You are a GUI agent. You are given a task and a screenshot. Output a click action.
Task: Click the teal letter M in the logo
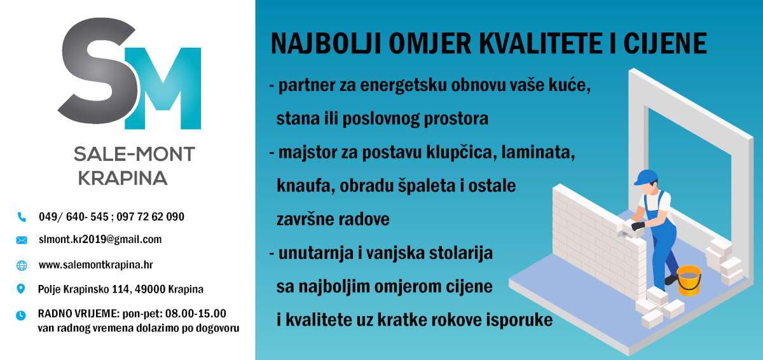coord(163,88)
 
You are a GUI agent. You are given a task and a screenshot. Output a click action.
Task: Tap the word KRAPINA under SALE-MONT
coord(123,178)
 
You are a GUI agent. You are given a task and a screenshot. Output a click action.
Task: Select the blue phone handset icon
coord(22,217)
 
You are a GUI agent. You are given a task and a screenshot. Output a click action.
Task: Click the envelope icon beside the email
coord(22,240)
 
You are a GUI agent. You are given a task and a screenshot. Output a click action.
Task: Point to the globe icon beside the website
coord(22,265)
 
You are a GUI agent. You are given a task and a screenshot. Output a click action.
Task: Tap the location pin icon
coord(21,289)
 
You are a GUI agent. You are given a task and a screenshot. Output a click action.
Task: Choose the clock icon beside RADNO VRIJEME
coord(21,315)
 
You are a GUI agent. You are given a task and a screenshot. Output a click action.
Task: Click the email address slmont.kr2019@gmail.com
coord(100,239)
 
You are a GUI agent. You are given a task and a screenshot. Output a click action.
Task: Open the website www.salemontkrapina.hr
coord(96,265)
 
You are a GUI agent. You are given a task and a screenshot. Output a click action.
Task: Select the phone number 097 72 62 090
coord(150,217)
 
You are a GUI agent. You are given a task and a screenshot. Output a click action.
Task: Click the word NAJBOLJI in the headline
coord(326,44)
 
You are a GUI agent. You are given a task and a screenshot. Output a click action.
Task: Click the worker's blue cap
coord(645,177)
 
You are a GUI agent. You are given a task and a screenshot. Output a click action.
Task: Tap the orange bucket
coord(689,280)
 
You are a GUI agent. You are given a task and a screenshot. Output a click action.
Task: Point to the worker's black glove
coord(638,226)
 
